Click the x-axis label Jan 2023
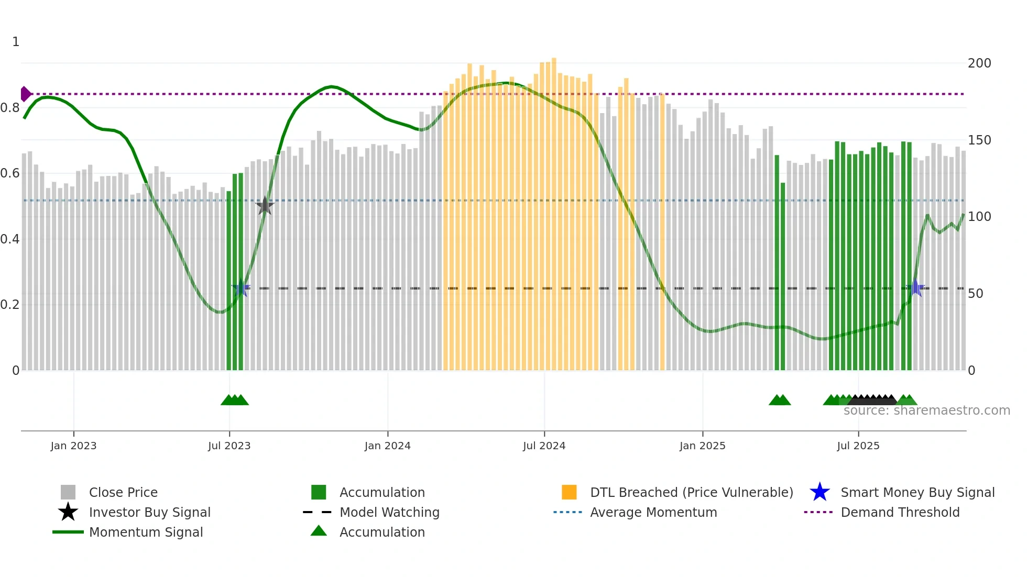point(73,446)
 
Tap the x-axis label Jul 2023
point(229,446)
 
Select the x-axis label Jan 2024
point(387,446)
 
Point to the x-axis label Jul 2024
point(544,446)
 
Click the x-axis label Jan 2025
point(702,446)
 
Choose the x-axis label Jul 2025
point(858,446)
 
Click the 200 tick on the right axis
point(979,63)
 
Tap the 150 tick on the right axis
point(979,140)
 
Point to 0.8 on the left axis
point(10,108)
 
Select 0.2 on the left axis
point(10,305)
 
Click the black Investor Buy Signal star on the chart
point(265,206)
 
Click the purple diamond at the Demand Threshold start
point(25,94)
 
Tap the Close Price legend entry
point(123,492)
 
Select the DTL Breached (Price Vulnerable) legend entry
point(691,492)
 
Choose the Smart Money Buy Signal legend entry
point(917,492)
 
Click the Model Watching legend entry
point(389,512)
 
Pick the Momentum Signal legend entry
point(146,532)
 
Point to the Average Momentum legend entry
point(653,512)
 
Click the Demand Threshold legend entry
point(900,512)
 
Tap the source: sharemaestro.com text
point(926,410)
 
